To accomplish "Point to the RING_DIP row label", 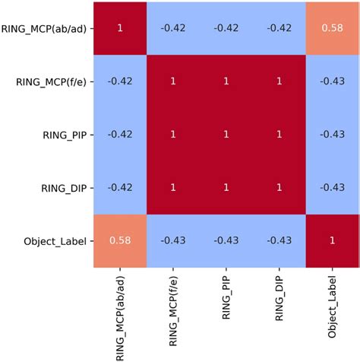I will click(x=65, y=187).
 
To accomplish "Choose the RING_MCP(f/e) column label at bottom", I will click(x=173, y=312).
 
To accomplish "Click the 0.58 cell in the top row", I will click(x=333, y=27).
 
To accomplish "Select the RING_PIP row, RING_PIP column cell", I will click(x=226, y=134).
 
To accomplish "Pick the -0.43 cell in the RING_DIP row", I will click(x=333, y=187).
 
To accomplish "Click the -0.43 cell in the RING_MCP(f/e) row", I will click(x=333, y=81).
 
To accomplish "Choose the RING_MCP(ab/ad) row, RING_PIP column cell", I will click(x=226, y=27).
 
